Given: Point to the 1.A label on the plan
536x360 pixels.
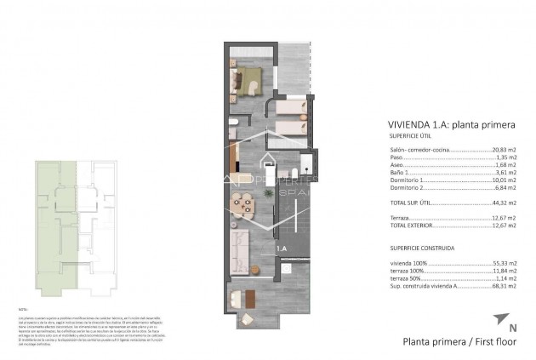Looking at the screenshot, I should click(282, 248).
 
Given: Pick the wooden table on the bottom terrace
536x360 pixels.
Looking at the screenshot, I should click(250, 299).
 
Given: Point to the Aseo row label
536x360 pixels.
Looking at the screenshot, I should click(396, 165).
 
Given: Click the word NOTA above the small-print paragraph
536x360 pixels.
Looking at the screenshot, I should click(23, 311).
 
